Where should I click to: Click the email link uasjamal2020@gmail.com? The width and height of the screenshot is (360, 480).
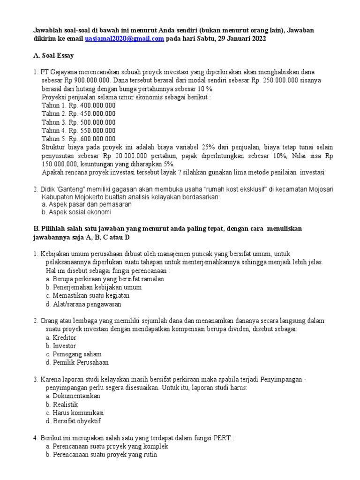[x=124, y=39]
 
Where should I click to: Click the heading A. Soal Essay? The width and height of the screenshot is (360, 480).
[x=53, y=55]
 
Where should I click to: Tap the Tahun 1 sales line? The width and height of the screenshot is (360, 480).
[x=78, y=105]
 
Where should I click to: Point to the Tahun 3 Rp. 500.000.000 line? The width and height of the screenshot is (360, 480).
[x=78, y=122]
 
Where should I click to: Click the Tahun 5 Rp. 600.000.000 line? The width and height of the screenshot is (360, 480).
[x=78, y=139]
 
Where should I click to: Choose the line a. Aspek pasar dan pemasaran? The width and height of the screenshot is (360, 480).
[x=87, y=204]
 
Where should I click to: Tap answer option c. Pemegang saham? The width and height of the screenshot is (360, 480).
[x=74, y=354]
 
